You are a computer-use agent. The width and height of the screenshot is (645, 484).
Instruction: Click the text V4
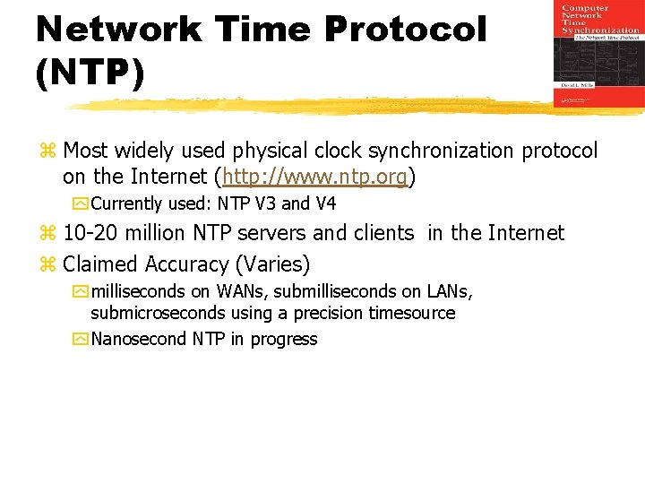coord(325,204)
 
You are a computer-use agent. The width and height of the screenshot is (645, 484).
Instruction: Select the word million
coord(153,234)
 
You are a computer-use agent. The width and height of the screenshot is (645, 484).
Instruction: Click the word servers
coord(268,234)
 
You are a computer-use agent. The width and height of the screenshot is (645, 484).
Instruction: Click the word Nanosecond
coord(139,340)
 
